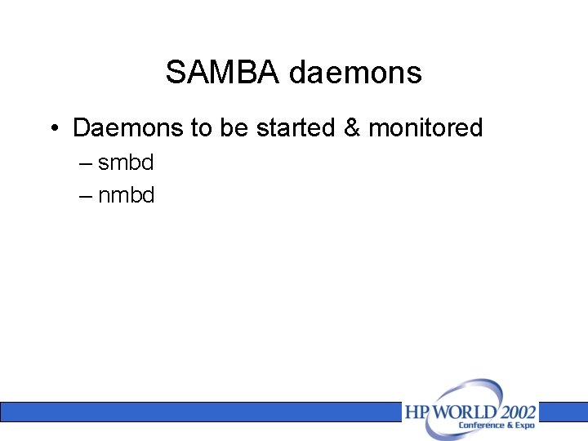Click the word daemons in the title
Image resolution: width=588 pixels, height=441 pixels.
coord(355,73)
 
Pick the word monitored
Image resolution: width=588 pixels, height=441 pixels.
coord(425,128)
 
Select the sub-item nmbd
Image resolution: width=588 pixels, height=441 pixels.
coord(126,195)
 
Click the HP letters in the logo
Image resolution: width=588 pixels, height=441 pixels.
coord(416,411)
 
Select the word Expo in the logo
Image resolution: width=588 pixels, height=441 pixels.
coord(525,425)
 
